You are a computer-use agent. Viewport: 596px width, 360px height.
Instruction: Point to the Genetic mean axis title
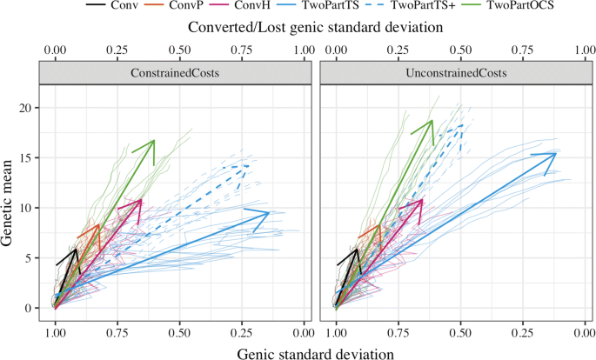[10, 203]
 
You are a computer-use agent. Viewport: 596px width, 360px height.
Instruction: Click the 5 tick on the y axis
[35, 258]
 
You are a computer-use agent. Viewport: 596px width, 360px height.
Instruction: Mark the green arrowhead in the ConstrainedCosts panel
[153, 141]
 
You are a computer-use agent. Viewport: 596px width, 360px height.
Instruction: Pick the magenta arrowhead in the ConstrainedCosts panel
[140, 202]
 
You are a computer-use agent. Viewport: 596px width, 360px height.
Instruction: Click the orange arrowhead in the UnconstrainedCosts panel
[381, 226]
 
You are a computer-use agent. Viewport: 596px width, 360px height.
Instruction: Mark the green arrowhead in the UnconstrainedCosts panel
[432, 122]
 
